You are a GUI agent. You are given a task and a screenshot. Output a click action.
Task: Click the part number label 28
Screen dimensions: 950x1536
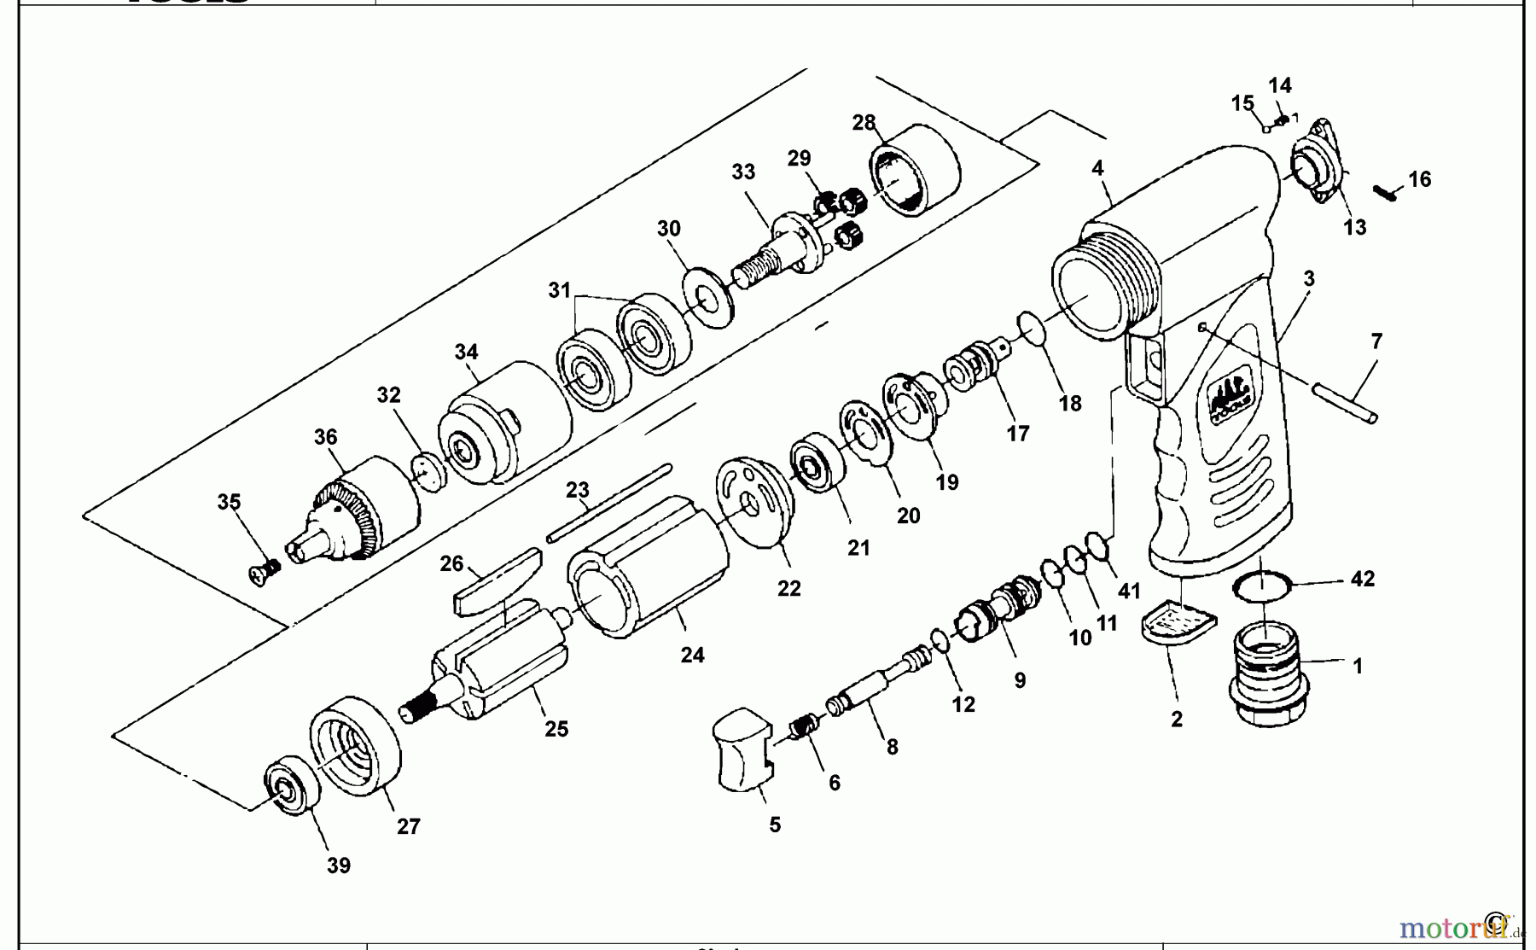pos(864,123)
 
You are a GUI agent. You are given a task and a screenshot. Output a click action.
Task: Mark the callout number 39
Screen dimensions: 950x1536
pos(339,865)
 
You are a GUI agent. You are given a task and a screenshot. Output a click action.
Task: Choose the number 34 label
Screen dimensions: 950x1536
pos(466,352)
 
